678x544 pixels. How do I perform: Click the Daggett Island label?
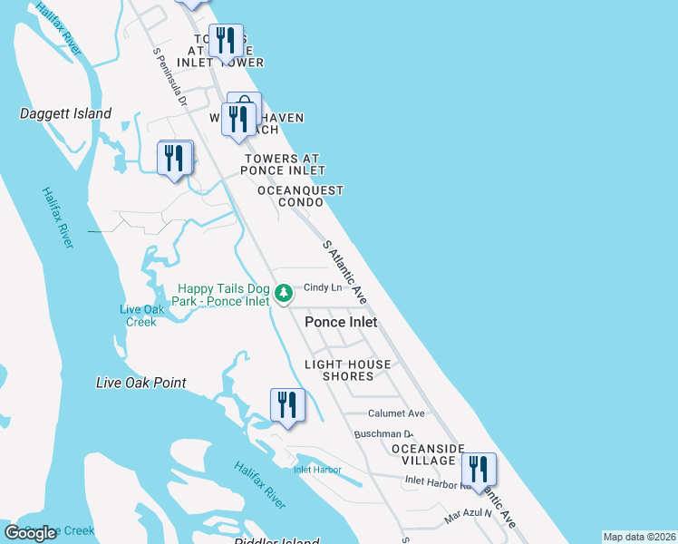66,114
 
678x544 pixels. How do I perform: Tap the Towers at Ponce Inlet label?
284,164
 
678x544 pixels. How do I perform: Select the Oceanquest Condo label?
301,196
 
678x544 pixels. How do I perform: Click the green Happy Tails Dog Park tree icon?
284,293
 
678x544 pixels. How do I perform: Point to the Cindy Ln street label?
322,288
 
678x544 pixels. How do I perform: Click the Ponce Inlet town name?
341,322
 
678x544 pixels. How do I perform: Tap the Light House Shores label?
347,370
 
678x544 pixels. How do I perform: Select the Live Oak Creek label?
140,316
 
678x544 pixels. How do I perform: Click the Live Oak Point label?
141,384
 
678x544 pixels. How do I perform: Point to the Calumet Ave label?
389,413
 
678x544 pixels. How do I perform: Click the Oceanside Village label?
427,454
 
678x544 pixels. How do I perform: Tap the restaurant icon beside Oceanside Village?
478,470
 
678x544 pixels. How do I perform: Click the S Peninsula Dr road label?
169,78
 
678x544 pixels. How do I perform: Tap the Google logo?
30,533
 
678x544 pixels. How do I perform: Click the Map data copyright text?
639,537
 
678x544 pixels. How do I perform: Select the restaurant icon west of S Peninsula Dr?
174,159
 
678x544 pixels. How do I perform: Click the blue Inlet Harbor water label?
317,470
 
